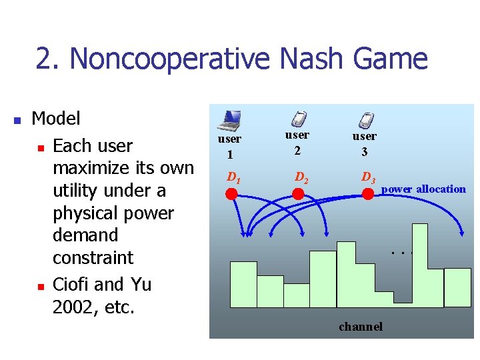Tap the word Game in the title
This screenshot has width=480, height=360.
tap(391, 59)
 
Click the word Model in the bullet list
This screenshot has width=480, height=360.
tap(56, 119)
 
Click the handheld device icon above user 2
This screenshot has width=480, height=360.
tap(299, 119)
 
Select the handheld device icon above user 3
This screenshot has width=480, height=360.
tap(365, 120)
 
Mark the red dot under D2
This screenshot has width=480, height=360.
tap(299, 194)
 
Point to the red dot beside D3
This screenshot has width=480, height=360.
tap(367, 194)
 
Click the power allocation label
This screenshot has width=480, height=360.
tap(423, 189)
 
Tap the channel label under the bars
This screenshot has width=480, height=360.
tap(361, 327)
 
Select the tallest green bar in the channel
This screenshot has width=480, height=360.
tap(419, 265)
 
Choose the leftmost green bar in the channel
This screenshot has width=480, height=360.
tap(243, 284)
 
